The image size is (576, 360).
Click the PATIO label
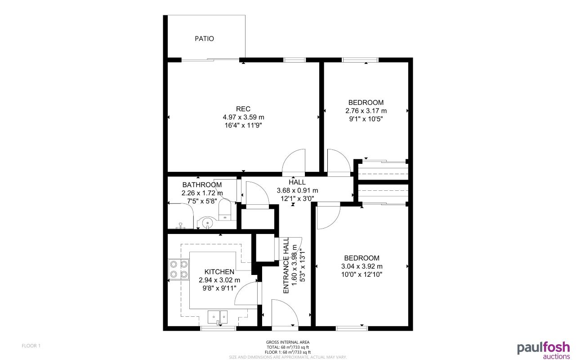pos(204,39)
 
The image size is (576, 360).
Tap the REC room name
pos(243,109)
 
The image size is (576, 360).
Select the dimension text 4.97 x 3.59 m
pos(243,117)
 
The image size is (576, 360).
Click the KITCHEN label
pos(219,272)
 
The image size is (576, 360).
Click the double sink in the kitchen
pos(218,317)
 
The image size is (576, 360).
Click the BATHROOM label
pos(202,185)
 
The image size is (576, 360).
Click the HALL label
pos(297,182)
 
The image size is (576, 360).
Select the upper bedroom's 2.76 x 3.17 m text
pos(366,111)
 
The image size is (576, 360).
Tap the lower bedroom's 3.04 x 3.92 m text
pos(362,266)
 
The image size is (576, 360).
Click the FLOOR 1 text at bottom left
pos(31,346)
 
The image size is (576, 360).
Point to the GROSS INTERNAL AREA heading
pos(287,342)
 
